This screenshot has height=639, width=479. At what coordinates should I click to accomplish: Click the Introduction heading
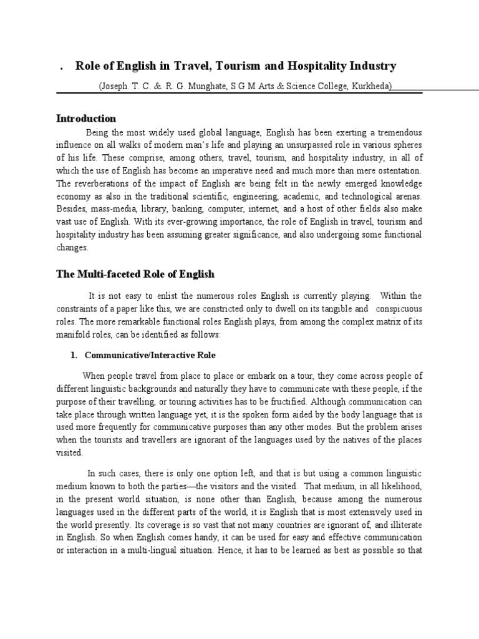tap(86, 118)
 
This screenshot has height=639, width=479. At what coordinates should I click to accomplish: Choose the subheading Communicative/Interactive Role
tap(150, 355)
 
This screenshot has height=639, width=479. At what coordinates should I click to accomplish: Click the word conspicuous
tap(398, 310)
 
